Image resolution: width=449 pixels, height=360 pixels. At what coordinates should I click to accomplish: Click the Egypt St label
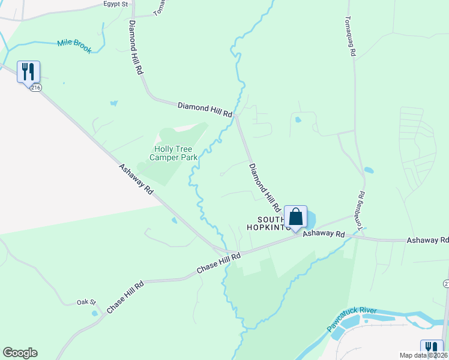click(116, 4)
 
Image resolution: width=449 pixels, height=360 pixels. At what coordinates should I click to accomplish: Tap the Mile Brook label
click(74, 46)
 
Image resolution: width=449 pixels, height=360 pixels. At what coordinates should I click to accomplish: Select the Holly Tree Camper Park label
click(176, 153)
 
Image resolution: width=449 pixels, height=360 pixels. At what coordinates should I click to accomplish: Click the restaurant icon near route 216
click(28, 72)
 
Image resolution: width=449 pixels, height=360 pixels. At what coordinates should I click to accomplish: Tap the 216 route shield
click(36, 88)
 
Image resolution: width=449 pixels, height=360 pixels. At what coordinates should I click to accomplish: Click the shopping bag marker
click(295, 217)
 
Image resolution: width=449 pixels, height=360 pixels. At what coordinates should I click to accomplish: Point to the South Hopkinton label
click(269, 223)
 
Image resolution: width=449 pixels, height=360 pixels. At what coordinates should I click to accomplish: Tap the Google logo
click(20, 353)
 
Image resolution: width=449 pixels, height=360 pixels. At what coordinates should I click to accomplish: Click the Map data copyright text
click(424, 355)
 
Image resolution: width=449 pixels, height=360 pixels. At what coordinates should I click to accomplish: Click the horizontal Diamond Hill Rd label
click(205, 109)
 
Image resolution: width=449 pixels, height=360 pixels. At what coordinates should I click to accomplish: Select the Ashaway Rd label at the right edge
click(428, 240)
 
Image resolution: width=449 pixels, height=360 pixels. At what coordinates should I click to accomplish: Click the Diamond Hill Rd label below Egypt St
click(136, 46)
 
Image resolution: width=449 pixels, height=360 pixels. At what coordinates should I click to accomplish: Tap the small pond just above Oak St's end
click(94, 313)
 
